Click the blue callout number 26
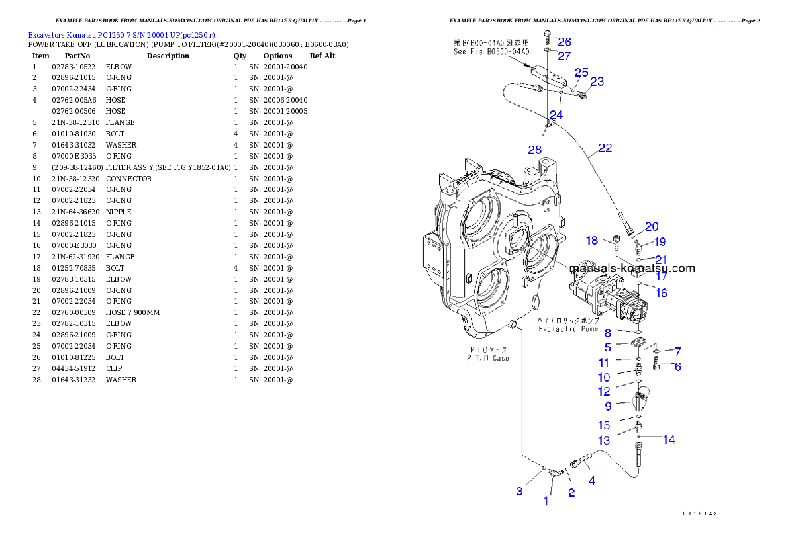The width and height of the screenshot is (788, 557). pyautogui.click(x=564, y=42)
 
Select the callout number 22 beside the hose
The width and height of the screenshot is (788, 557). pyautogui.click(x=605, y=148)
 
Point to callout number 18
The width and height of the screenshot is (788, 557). pyautogui.click(x=591, y=240)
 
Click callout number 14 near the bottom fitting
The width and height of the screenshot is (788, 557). pyautogui.click(x=669, y=439)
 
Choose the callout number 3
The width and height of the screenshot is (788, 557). pyautogui.click(x=520, y=491)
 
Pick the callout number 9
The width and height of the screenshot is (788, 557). pyautogui.click(x=607, y=406)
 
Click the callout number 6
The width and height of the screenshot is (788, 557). pyautogui.click(x=677, y=366)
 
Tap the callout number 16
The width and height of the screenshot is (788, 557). pyautogui.click(x=662, y=292)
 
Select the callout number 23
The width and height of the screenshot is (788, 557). pyautogui.click(x=597, y=81)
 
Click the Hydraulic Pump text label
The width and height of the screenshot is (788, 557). pyautogui.click(x=568, y=328)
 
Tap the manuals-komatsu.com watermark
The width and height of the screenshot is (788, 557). pyautogui.click(x=632, y=268)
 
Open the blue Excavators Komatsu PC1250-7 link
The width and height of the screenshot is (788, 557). pyautogui.click(x=121, y=34)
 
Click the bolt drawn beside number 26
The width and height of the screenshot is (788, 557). pyautogui.click(x=546, y=36)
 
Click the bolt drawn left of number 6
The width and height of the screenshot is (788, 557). pyautogui.click(x=657, y=363)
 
